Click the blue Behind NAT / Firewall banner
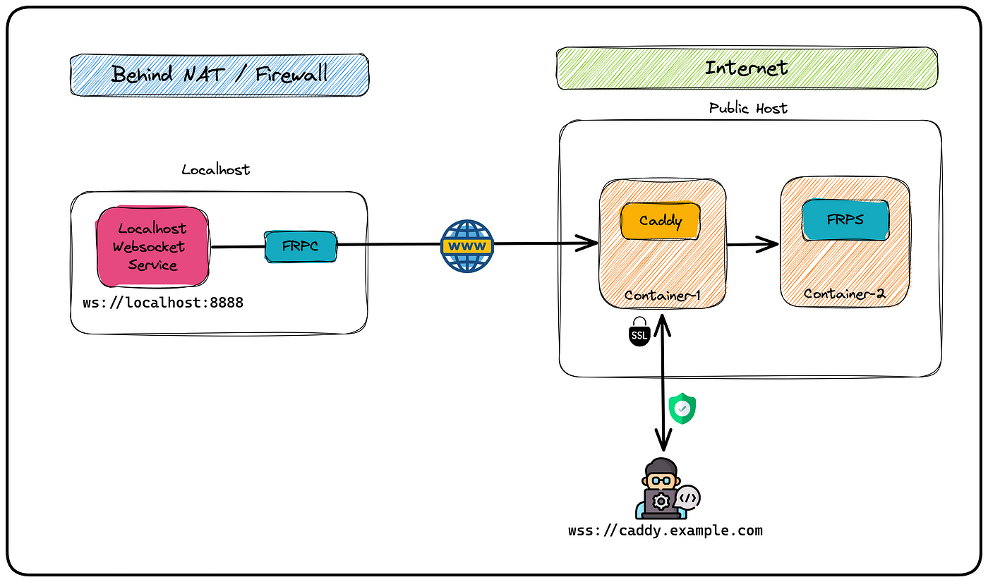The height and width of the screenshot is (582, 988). coord(219,75)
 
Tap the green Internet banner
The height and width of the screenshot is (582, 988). coord(747,68)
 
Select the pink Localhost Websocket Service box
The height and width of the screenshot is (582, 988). coord(152,246)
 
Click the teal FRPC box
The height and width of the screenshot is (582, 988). coord(301,246)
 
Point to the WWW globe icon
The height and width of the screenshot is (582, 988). coord(467,246)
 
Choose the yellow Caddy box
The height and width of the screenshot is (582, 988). coord(661,220)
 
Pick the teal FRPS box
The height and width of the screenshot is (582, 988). coord(845,220)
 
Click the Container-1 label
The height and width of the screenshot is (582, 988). coord(662,296)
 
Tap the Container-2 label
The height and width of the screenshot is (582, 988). coord(844,293)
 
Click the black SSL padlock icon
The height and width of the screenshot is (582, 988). coord(639,332)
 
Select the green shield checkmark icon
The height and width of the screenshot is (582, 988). coord(682,408)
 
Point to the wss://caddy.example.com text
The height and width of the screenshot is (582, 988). coord(665,531)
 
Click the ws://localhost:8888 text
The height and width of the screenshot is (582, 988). coord(163,303)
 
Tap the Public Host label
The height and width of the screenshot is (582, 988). coord(748,108)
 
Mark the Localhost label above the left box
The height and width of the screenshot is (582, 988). coord(216,169)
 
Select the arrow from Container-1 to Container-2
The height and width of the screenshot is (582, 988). coord(752,244)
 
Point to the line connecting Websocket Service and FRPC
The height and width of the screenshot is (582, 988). coord(238,247)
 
